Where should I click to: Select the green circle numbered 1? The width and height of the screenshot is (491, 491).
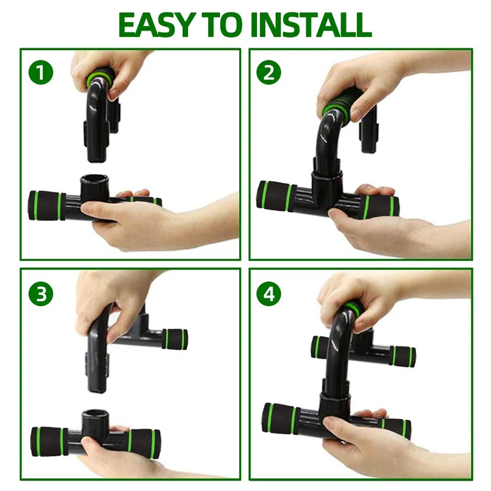(x=41, y=72)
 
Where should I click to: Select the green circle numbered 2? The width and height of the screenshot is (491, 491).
(x=269, y=72)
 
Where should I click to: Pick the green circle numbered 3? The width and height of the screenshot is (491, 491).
(x=41, y=294)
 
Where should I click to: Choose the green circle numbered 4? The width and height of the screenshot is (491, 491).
(x=269, y=294)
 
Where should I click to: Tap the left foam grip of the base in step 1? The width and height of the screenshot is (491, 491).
(x=47, y=205)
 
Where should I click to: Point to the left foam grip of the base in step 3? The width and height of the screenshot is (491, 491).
(x=49, y=441)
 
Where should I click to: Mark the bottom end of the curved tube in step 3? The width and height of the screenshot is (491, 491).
(x=98, y=389)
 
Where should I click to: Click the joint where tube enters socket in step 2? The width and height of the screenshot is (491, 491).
(x=327, y=173)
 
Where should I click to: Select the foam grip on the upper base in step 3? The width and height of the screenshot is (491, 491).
(x=176, y=339)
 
